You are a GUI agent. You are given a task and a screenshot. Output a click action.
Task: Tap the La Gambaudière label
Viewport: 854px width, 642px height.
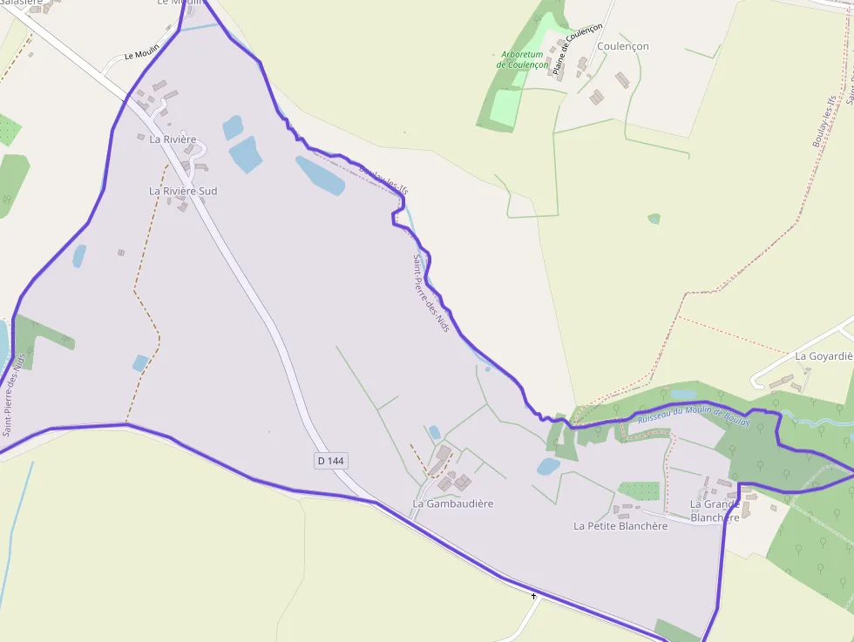452,503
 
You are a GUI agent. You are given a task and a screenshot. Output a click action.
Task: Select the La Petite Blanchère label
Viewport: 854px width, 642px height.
620,525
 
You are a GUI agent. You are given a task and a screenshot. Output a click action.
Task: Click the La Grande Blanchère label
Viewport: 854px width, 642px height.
715,510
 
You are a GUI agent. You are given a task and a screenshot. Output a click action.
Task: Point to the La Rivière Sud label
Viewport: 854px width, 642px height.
183,191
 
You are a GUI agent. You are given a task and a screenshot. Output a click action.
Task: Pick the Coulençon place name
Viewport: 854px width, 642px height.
623,46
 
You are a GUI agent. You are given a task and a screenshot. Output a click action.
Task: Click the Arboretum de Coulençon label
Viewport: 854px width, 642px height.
523,59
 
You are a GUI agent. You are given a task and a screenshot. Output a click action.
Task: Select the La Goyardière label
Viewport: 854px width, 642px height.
823,356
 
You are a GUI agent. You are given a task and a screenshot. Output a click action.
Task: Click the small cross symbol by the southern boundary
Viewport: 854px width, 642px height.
533,596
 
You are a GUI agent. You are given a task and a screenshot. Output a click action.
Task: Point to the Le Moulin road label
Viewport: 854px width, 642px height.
139,55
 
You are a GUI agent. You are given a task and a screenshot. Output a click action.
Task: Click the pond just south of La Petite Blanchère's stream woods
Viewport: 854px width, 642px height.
548,466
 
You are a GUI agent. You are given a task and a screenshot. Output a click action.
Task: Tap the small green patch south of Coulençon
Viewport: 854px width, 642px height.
654,219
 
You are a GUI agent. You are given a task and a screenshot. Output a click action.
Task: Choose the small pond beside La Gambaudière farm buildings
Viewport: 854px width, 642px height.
434,431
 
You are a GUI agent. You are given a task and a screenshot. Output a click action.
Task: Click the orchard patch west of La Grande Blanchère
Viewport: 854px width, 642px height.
639,490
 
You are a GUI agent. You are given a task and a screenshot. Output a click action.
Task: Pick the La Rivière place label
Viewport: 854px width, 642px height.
173,139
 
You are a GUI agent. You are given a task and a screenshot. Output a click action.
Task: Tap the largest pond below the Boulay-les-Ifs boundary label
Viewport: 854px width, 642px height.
320,175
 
